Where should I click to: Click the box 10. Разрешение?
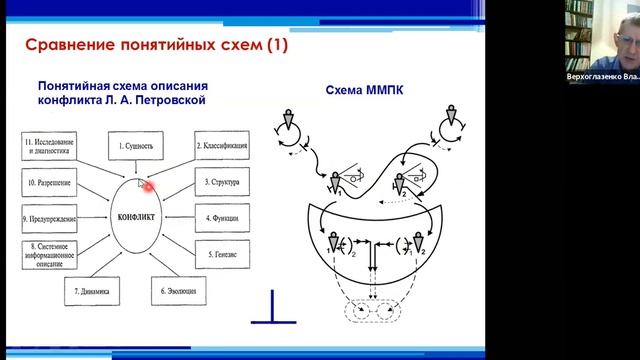(51, 183)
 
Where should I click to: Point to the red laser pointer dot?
(147, 184)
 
